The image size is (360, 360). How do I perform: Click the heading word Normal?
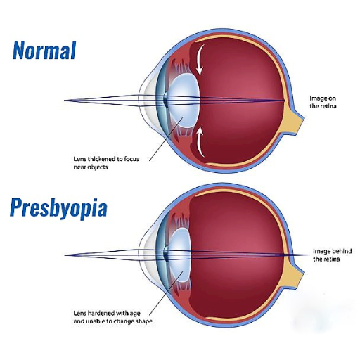click(44, 50)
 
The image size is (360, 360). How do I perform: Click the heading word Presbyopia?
click(58, 207)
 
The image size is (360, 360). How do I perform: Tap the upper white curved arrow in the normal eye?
click(199, 59)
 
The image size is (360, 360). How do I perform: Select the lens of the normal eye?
click(184, 101)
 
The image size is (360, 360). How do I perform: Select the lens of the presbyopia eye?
click(179, 255)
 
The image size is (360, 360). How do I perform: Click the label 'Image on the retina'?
click(323, 102)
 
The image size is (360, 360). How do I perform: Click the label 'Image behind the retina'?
click(333, 255)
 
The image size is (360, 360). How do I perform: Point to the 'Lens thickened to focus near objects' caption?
click(106, 163)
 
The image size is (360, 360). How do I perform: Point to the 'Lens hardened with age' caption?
click(112, 317)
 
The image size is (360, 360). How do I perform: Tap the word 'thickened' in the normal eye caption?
click(102, 159)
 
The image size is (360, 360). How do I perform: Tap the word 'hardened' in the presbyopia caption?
click(102, 313)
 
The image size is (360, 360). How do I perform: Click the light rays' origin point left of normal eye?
click(65, 101)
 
